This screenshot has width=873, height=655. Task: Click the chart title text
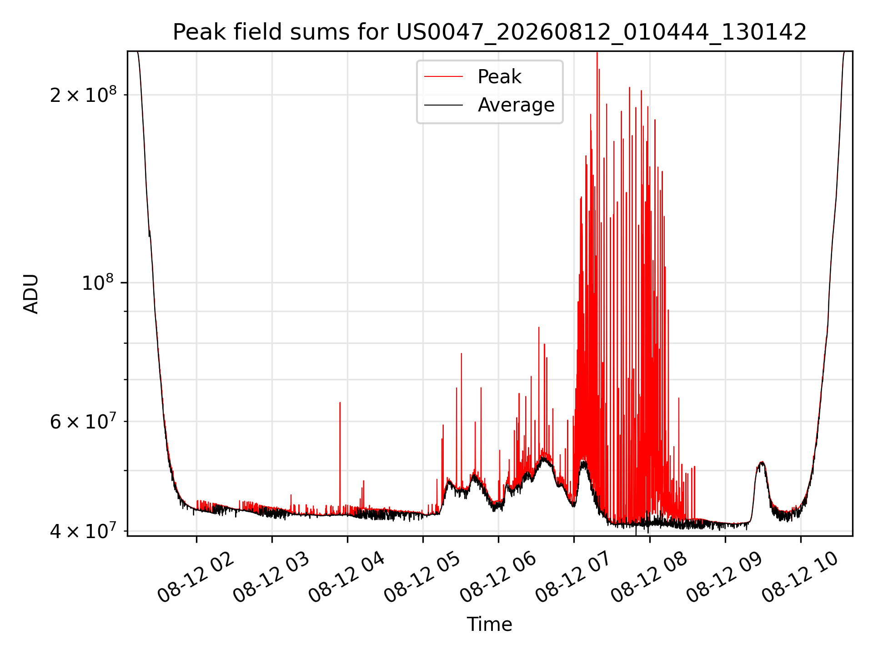click(x=490, y=32)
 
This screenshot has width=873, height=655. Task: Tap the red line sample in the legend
click(x=443, y=77)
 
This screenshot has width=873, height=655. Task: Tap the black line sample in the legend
click(x=443, y=105)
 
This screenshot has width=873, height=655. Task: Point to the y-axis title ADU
click(x=31, y=294)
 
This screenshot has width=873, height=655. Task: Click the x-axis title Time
click(x=490, y=625)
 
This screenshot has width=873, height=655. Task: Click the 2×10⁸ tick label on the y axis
click(x=83, y=95)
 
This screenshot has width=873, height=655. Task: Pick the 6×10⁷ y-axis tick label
click(x=83, y=421)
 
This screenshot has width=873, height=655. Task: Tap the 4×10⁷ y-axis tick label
click(x=83, y=530)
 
